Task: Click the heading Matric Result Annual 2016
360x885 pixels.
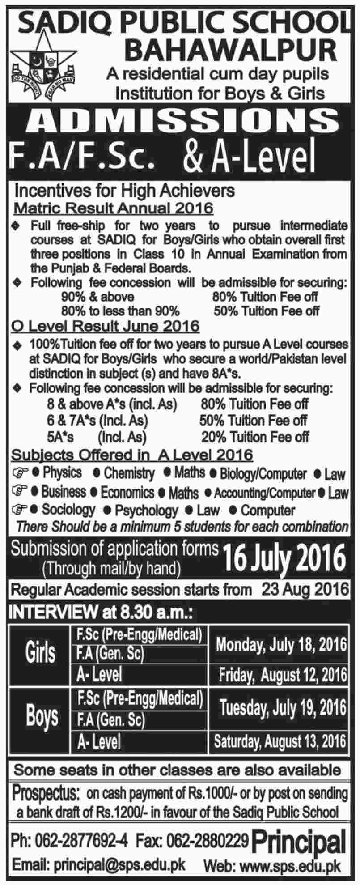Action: (x=114, y=208)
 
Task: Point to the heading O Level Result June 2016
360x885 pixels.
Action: (x=105, y=326)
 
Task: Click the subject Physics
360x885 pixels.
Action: (x=62, y=473)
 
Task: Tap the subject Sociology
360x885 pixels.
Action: (x=68, y=510)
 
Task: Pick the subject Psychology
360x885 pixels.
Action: (x=146, y=510)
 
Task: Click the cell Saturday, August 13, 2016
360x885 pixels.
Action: (x=280, y=741)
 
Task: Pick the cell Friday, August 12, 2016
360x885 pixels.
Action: (x=283, y=675)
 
